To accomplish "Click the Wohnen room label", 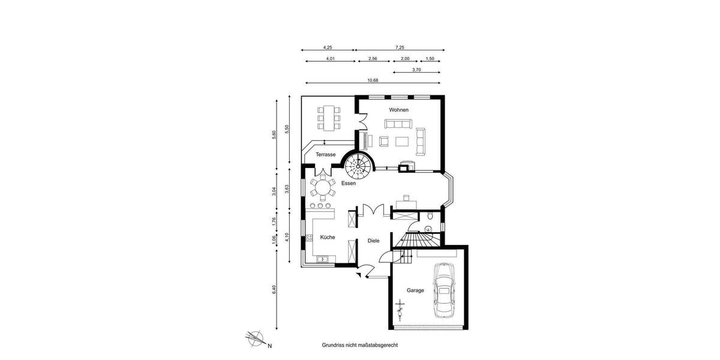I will click(398, 110).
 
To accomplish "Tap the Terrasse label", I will click(325, 155).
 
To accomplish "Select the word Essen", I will click(349, 184).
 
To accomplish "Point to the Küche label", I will click(327, 238).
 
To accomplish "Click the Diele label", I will click(373, 241).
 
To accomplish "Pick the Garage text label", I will click(415, 290).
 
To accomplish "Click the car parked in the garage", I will click(445, 291).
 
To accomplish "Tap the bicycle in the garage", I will click(400, 310).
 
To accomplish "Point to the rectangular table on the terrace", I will click(328, 118).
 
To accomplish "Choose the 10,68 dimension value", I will click(372, 80).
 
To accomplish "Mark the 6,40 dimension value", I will click(274, 289).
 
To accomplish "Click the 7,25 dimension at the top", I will click(400, 47).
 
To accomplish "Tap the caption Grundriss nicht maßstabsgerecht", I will click(360, 346).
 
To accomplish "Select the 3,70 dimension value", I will click(416, 70).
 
